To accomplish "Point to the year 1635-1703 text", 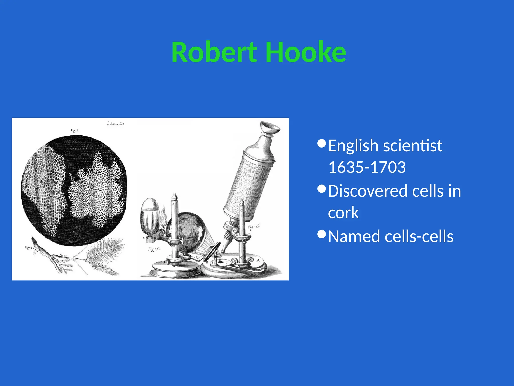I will pyautogui.click(x=367, y=167).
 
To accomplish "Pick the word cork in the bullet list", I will pyautogui.click(x=343, y=213).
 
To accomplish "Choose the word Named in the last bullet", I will pyautogui.click(x=354, y=236).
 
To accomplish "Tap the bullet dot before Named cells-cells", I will pyautogui.click(x=322, y=234).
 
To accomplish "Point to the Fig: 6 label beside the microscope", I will pyautogui.click(x=253, y=227).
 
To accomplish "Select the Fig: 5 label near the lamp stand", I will pyautogui.click(x=154, y=249).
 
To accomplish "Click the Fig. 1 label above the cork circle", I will pyautogui.click(x=75, y=130).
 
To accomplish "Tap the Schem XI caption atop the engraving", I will pyautogui.click(x=115, y=123).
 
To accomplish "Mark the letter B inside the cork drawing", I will pyautogui.click(x=41, y=181).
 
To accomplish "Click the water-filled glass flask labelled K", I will pyautogui.click(x=150, y=216).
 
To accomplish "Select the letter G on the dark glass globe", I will pyautogui.click(x=185, y=227).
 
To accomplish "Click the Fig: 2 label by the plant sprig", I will pyautogui.click(x=29, y=248).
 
